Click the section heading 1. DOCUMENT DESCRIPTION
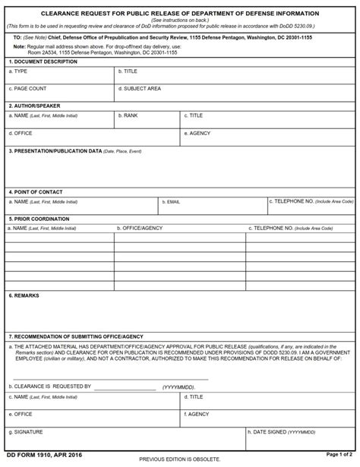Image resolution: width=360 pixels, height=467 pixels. (43, 61)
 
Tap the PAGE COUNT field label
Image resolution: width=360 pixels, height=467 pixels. (27, 88)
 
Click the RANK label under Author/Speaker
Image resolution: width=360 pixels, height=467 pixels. (128, 115)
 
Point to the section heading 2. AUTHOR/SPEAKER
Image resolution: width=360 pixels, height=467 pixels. (34, 106)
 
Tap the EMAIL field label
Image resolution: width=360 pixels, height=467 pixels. (172, 202)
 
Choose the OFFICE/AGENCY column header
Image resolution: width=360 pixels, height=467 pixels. (140, 228)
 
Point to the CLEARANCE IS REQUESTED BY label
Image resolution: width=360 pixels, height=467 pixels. (49, 386)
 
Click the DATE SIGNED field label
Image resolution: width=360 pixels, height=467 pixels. (277, 432)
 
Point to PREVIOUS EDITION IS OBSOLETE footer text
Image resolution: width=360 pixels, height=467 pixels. (180, 460)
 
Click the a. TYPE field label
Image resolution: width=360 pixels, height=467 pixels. (17, 71)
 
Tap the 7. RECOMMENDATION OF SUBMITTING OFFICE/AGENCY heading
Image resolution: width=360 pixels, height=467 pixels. (75, 336)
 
